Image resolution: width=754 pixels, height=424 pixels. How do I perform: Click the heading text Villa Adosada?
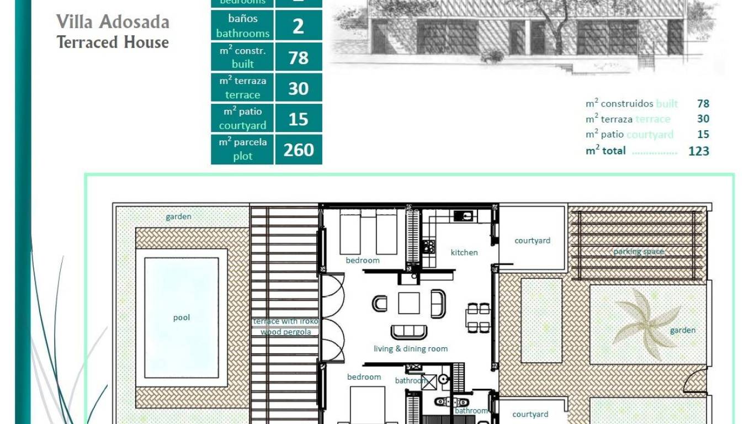click(113, 22)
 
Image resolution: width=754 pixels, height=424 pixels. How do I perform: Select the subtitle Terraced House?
click(113, 43)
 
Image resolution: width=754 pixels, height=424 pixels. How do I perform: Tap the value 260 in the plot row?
click(299, 150)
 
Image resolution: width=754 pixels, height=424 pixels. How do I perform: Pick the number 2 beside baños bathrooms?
click(299, 26)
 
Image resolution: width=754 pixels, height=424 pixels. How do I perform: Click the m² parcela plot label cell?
click(242, 150)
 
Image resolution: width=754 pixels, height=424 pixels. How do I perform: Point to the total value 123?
click(698, 151)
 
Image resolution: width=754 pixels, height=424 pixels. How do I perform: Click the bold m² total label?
click(606, 151)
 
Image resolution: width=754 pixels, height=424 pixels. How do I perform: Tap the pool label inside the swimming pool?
click(182, 317)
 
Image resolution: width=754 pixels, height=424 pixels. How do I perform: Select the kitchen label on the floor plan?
click(464, 252)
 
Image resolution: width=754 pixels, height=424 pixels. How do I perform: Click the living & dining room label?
click(410, 349)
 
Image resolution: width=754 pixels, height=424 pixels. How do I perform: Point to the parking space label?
click(638, 252)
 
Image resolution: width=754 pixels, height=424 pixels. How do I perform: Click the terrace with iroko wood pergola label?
click(285, 326)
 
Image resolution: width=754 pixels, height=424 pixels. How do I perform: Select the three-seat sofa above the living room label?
click(408, 332)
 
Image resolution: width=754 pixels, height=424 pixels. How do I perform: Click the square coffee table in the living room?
click(408, 303)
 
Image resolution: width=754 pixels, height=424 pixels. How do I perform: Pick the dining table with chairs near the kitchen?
click(477, 317)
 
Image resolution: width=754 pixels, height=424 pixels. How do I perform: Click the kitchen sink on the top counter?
click(463, 216)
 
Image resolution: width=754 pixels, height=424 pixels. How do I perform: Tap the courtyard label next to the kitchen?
click(532, 241)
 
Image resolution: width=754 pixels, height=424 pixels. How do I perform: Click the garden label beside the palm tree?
click(682, 330)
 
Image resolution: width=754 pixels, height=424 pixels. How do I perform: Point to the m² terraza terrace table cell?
click(242, 88)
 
